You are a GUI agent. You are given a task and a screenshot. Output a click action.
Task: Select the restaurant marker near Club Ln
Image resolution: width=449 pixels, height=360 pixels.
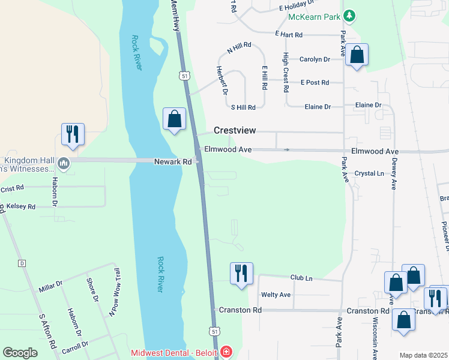[242, 273]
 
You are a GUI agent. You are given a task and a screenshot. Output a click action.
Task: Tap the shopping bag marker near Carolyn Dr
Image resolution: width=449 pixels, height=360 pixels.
[357, 55]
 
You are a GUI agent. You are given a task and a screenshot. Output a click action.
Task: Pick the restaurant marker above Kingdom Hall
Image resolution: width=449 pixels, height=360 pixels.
[73, 134]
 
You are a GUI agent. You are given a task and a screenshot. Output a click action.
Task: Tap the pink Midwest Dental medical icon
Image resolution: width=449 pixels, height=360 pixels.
[226, 352]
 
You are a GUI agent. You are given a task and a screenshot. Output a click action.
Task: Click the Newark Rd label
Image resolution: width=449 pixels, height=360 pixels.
[173, 161]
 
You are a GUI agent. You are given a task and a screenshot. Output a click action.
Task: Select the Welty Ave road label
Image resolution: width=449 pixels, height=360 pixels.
[276, 295]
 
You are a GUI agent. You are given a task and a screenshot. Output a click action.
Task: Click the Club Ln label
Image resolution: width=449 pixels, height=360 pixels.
[301, 278]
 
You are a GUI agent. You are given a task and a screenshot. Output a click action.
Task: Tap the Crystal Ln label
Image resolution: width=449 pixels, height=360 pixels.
[369, 173]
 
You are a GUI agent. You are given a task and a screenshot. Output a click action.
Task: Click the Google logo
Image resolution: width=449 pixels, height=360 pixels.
[20, 353]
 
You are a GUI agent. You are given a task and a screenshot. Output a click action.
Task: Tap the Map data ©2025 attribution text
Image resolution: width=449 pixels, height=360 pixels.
[423, 355]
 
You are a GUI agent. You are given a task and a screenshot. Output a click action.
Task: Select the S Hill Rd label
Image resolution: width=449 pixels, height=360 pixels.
[244, 107]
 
